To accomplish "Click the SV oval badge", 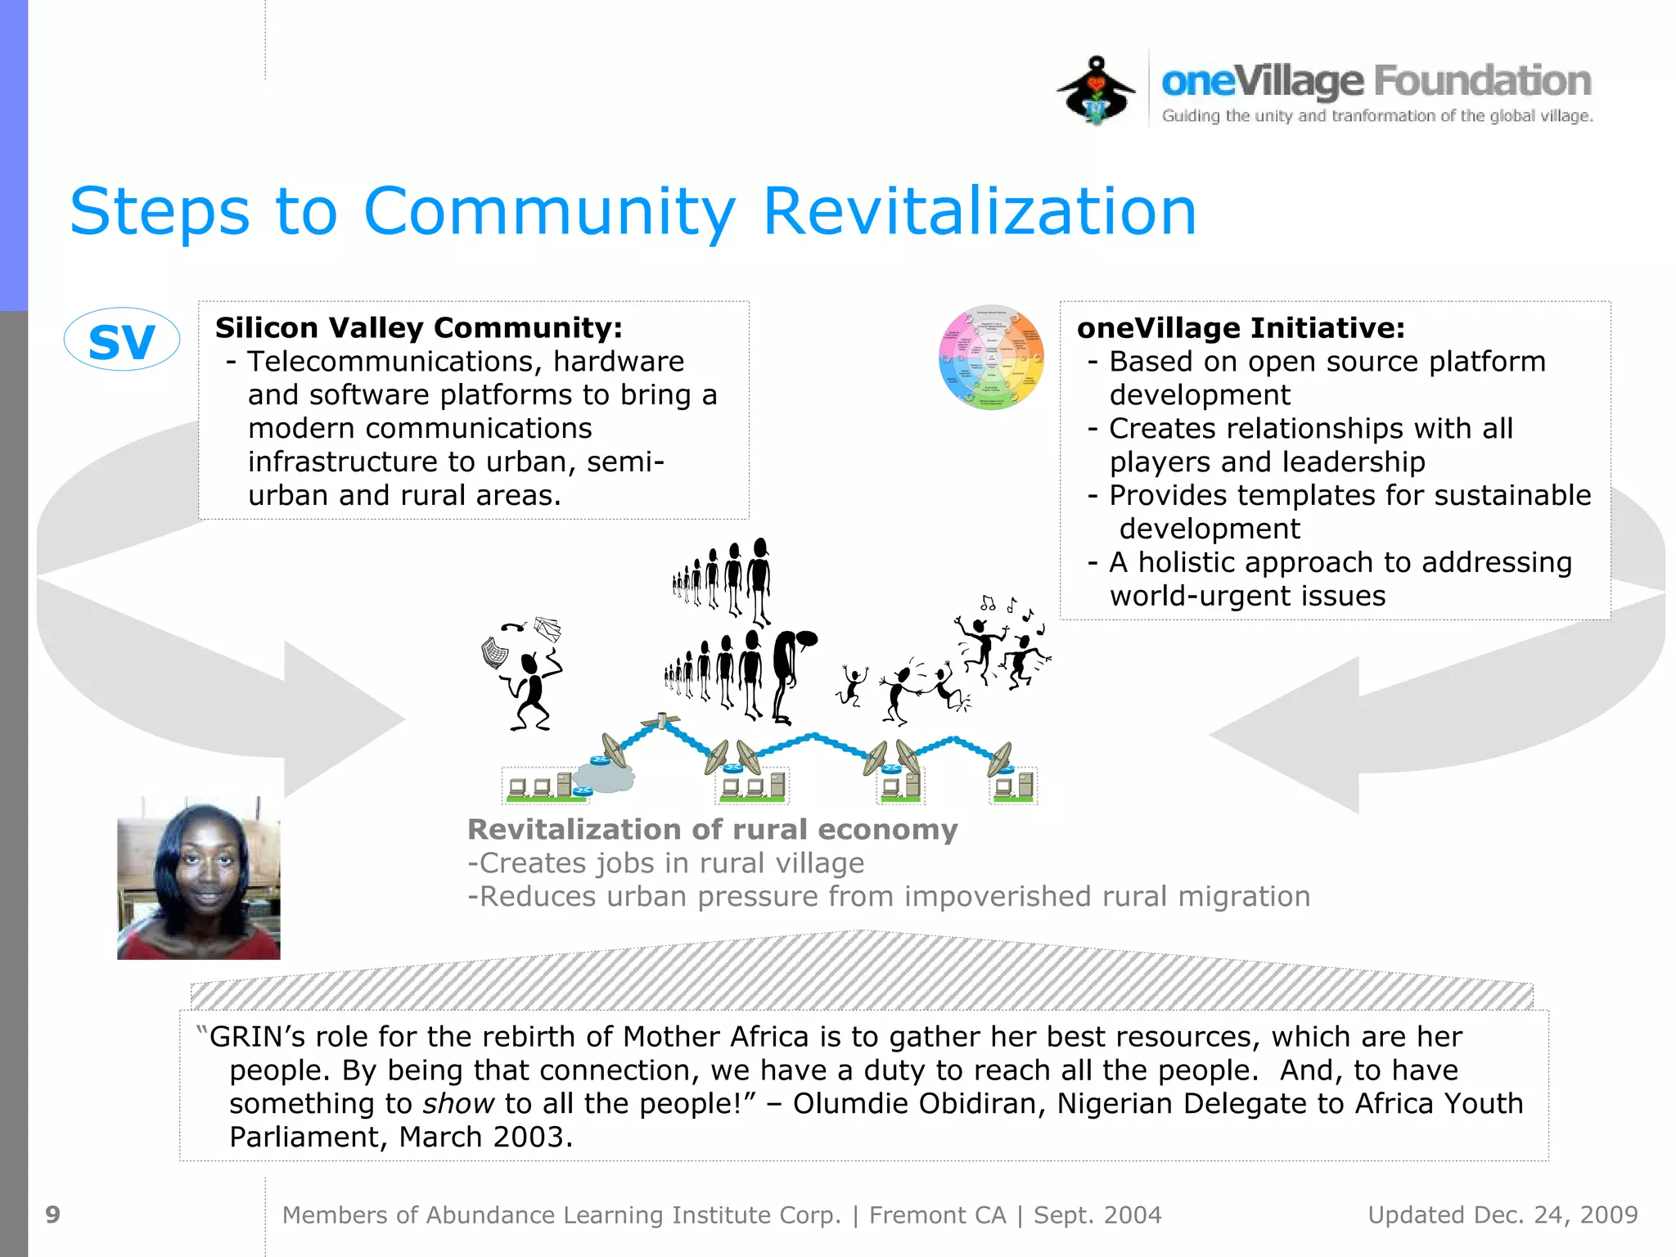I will coord(122,340).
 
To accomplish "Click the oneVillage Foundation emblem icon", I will coord(1097,91).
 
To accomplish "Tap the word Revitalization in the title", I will coord(979,211).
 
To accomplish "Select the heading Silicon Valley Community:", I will coord(418,327).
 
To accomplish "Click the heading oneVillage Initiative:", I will coord(1240,327).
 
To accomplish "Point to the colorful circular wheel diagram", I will coord(991,358).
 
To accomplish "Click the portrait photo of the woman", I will coord(199,878).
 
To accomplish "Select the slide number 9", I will coord(52,1214).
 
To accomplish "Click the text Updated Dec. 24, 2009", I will coord(1503,1214).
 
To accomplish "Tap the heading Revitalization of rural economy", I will coord(712,829).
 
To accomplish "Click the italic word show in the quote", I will coord(458,1104).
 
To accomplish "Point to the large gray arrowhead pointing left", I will coord(1285,735).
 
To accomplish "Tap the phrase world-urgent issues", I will coord(1247,596).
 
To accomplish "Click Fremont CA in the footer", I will coord(937,1214).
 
